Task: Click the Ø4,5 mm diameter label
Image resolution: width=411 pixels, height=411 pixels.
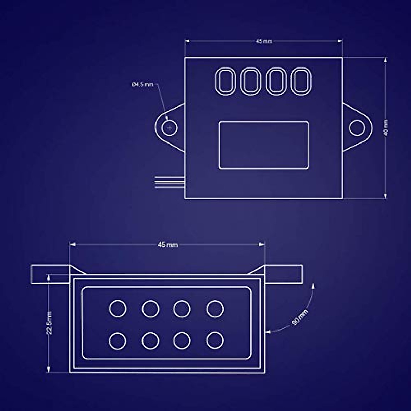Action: pos(142,84)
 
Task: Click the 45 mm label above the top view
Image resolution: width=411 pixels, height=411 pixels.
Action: pos(264,41)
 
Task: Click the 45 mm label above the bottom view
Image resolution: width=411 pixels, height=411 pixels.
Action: pos(167,245)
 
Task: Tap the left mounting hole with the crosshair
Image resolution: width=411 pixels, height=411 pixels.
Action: pos(169,128)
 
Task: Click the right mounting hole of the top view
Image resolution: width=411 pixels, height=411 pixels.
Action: pos(357,127)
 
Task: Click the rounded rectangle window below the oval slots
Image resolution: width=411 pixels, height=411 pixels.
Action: pos(263,145)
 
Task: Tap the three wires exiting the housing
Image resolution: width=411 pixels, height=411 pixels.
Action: pos(170,182)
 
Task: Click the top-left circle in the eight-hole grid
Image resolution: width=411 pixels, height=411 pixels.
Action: pos(117,308)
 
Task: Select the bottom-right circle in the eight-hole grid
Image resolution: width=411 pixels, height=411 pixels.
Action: pos(215,340)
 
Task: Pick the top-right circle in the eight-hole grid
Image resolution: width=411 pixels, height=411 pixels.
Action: pos(215,309)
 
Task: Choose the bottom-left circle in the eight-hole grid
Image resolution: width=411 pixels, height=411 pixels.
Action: pos(117,340)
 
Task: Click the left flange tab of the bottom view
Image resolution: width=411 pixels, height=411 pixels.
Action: pos(50,274)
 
